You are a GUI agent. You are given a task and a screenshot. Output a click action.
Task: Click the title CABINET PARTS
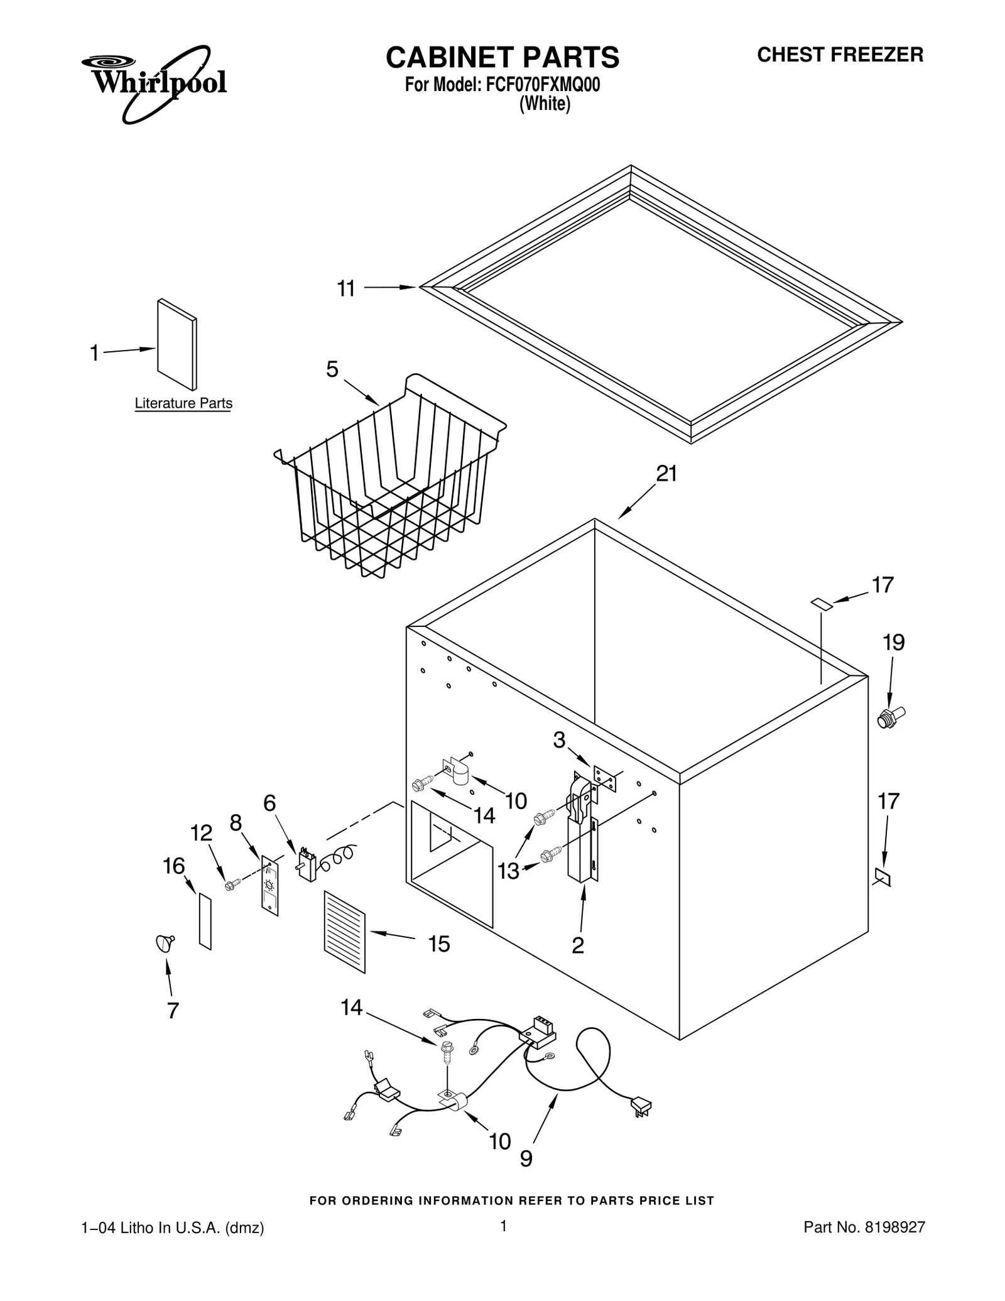click(x=502, y=57)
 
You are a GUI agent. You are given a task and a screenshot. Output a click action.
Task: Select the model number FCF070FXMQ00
click(x=543, y=85)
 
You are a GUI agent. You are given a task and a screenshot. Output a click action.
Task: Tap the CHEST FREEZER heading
click(x=840, y=55)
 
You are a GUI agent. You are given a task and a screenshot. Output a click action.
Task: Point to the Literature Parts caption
click(x=183, y=403)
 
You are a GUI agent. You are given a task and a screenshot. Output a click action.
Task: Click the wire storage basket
click(x=389, y=477)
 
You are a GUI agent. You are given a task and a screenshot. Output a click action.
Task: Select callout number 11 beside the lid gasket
click(x=346, y=289)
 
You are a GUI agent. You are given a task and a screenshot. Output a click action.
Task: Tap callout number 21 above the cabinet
click(x=666, y=474)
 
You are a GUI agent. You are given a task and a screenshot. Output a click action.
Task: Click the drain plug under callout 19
click(x=891, y=716)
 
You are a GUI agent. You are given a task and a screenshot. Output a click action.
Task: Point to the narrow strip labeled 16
click(x=205, y=921)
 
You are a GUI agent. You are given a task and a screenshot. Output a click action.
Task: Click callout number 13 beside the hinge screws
click(x=508, y=871)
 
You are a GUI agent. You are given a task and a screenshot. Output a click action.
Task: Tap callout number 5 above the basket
click(x=332, y=369)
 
